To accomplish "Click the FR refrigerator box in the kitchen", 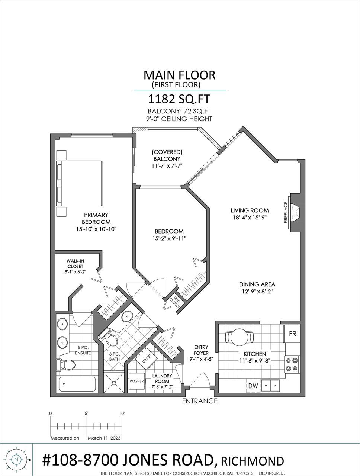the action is pyautogui.click(x=292, y=334).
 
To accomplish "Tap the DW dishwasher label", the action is pyautogui.click(x=253, y=386).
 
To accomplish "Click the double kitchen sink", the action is pyautogui.click(x=270, y=386).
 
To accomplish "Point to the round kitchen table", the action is pyautogui.click(x=239, y=337).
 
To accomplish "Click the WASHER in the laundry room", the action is pyautogui.click(x=136, y=381).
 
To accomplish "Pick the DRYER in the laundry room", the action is pyautogui.click(x=146, y=359).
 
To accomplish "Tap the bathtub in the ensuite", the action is pyautogui.click(x=77, y=384).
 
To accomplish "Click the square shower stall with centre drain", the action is pyautogui.click(x=114, y=383).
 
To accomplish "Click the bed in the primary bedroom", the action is pyautogui.click(x=79, y=183).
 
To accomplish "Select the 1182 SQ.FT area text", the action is pyautogui.click(x=179, y=99).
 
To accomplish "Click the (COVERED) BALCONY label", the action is pyautogui.click(x=167, y=155).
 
